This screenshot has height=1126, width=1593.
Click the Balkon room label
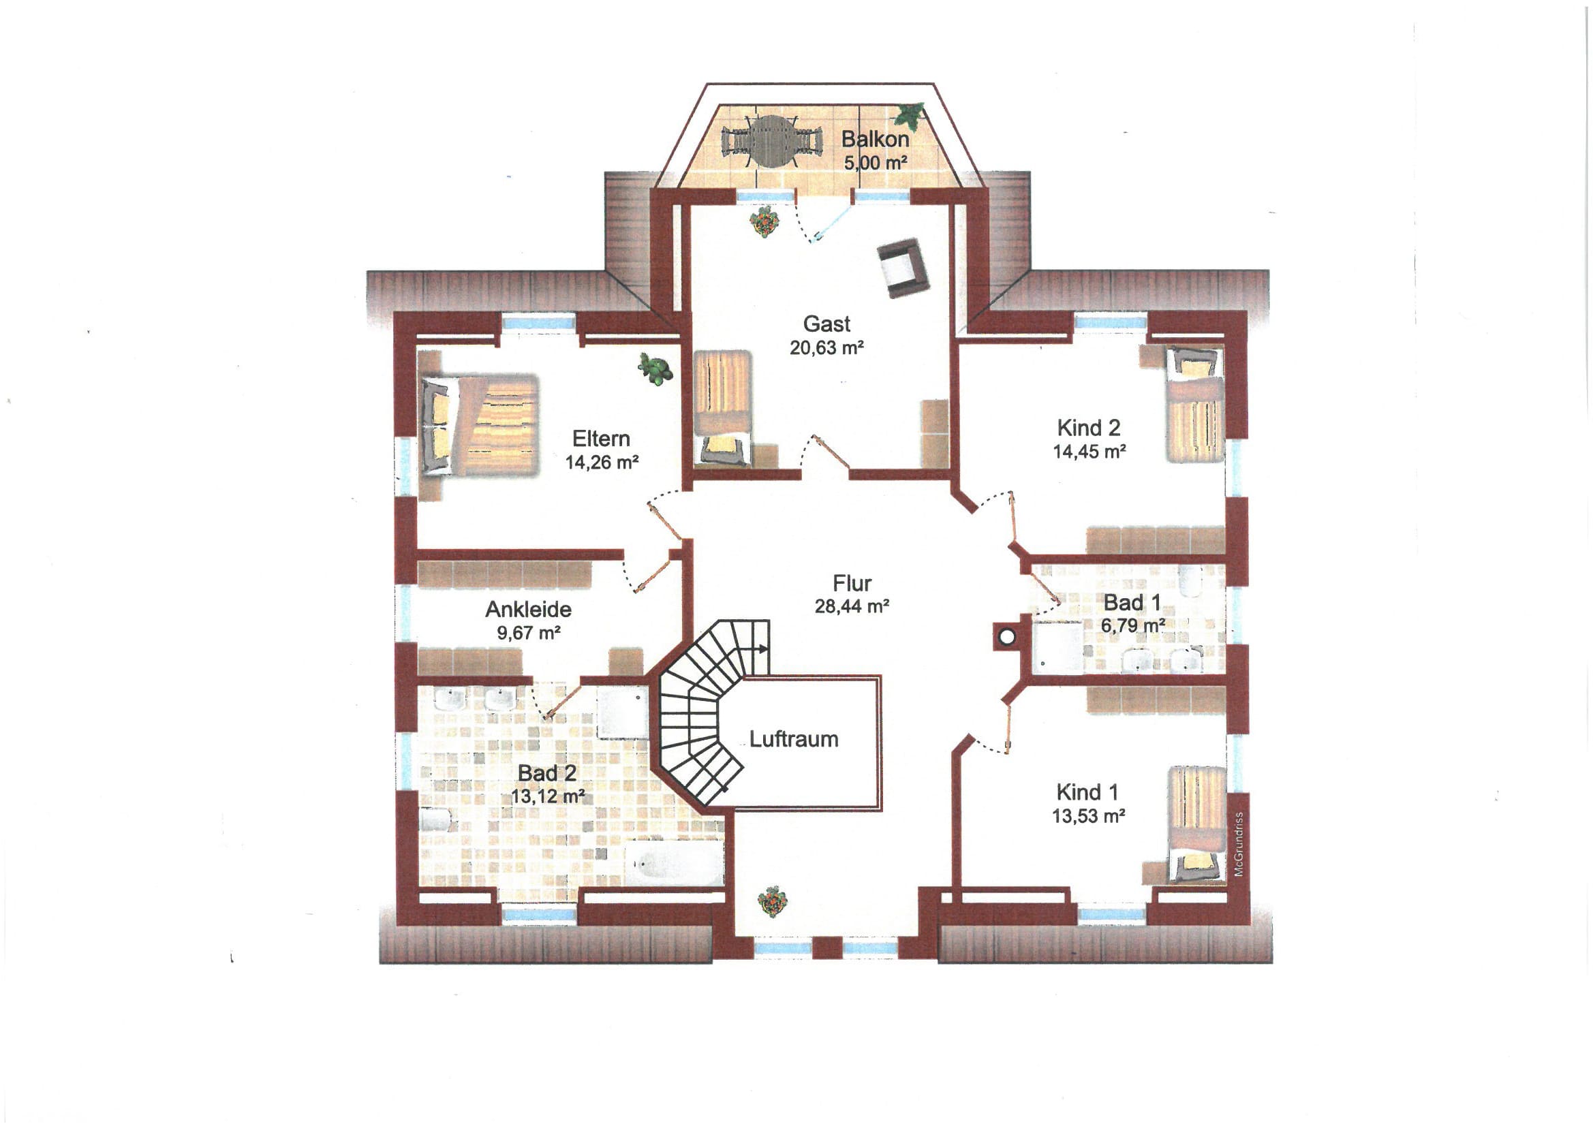click(x=875, y=139)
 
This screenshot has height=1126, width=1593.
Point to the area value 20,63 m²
click(x=826, y=347)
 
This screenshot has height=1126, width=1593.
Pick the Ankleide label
click(x=529, y=609)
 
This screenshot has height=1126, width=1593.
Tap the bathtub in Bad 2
click(x=675, y=863)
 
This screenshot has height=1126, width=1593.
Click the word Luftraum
click(x=794, y=739)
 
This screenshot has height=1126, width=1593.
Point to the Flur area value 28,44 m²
click(x=852, y=606)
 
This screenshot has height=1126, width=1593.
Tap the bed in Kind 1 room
click(x=1197, y=824)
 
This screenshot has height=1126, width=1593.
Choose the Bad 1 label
click(x=1132, y=601)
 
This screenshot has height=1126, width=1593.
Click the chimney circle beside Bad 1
click(x=1008, y=636)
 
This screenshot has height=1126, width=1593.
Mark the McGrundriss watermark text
click(x=1239, y=844)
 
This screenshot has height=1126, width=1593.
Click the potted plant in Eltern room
click(x=655, y=369)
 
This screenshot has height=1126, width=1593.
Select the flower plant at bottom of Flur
click(x=772, y=901)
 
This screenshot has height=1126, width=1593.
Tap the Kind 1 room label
click(x=1087, y=792)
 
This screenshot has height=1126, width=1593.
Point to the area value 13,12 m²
click(x=547, y=796)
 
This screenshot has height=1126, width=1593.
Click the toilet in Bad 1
click(x=1190, y=580)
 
